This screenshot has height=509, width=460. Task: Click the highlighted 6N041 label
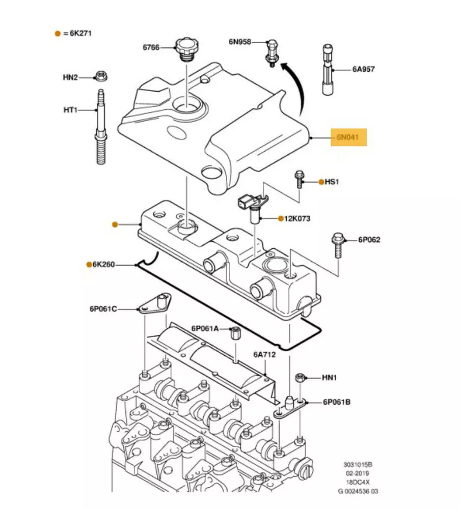(x=348, y=137)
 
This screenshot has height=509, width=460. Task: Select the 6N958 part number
(x=239, y=42)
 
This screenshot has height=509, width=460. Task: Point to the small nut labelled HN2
(x=101, y=77)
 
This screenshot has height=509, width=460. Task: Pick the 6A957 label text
(x=363, y=69)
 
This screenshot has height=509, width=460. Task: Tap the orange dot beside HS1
(x=321, y=182)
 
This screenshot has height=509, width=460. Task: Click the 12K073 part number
(x=298, y=219)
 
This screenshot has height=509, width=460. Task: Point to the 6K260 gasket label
(x=104, y=265)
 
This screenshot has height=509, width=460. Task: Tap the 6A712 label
(x=264, y=355)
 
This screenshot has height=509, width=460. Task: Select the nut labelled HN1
(x=301, y=378)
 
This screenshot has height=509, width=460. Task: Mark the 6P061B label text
(x=336, y=402)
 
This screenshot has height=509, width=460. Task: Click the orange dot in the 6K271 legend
(x=58, y=34)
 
